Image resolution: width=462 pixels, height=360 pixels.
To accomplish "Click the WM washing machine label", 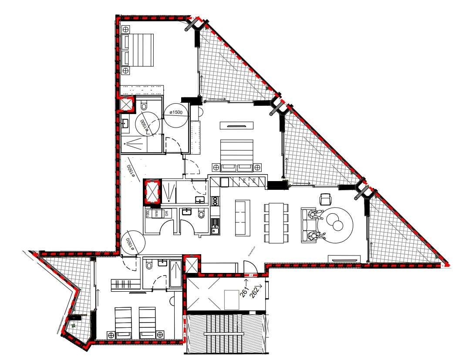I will click(x=157, y=214).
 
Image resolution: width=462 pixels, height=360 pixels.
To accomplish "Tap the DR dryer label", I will click(x=166, y=214).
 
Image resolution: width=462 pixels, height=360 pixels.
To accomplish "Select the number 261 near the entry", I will click(x=245, y=290).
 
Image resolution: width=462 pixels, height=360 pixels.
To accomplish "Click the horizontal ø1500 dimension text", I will click(x=175, y=112).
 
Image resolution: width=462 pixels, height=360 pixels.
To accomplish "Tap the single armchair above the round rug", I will click(x=325, y=199).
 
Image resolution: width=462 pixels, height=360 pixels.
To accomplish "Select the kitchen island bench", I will click(x=243, y=218).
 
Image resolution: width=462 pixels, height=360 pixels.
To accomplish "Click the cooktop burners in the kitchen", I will click(x=214, y=201).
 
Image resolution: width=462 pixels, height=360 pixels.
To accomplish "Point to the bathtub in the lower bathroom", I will click(x=176, y=273).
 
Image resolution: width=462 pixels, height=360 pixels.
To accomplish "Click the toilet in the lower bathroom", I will click(x=149, y=265).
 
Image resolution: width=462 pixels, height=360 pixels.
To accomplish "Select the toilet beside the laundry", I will click(x=201, y=214).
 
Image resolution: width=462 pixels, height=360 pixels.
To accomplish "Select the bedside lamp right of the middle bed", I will click(x=258, y=167).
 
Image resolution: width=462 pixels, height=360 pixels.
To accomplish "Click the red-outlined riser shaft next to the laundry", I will click(x=152, y=192).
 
